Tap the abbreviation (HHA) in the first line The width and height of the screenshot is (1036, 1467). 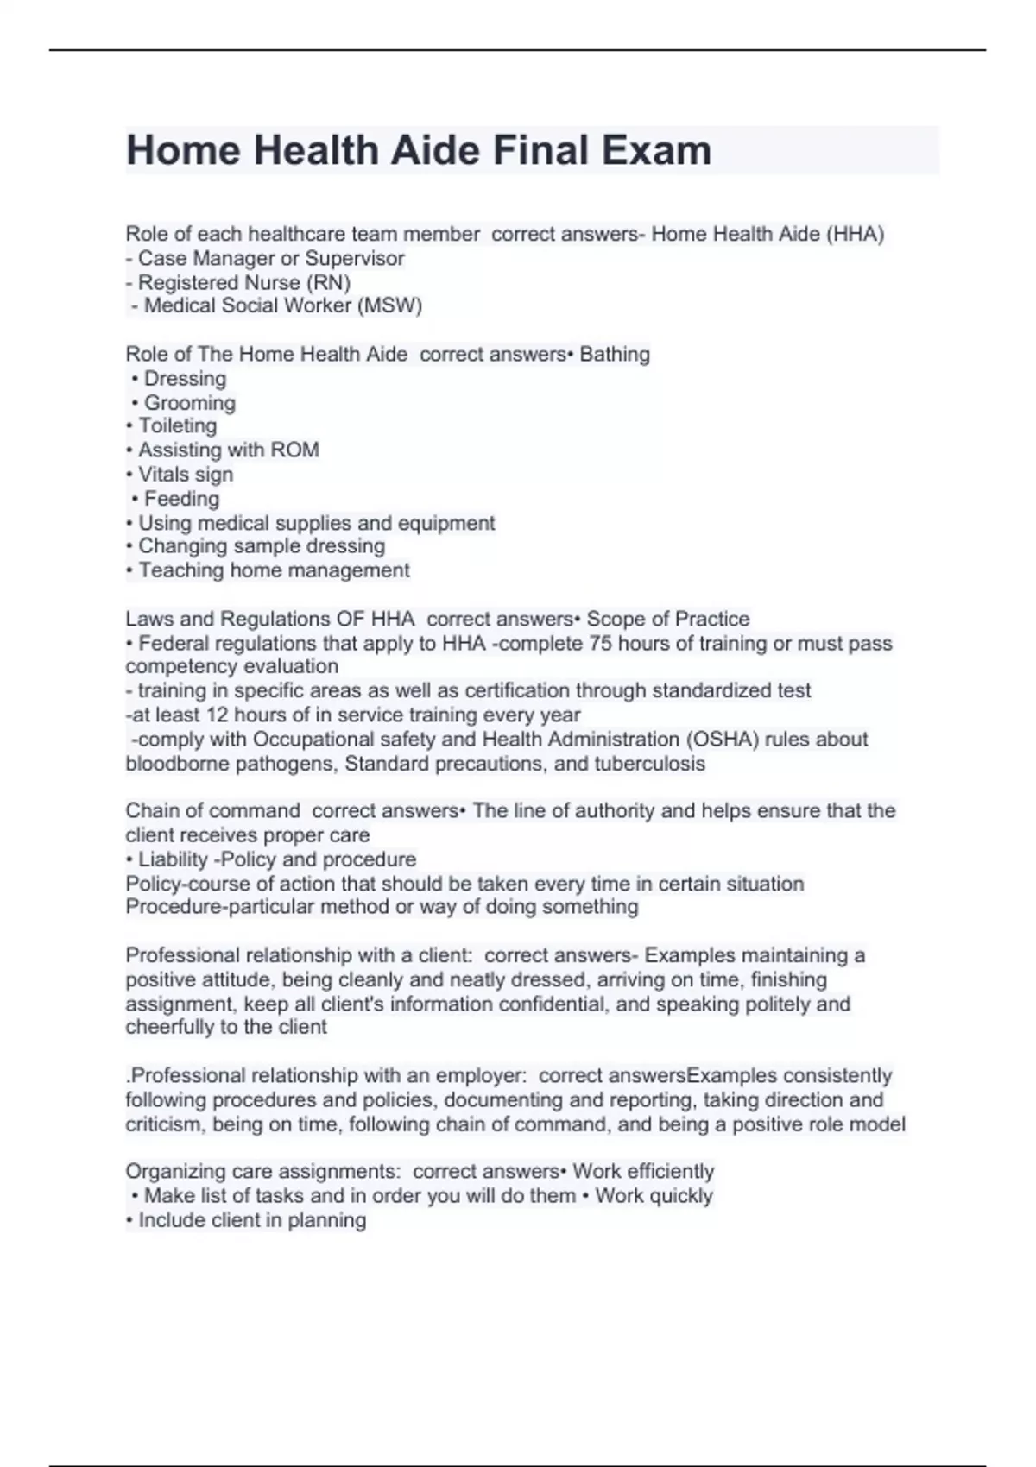[855, 234]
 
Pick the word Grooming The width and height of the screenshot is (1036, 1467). [189, 403]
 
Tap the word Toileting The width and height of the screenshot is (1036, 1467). [177, 425]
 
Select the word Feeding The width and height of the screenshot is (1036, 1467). [181, 499]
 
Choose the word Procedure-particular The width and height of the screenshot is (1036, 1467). [220, 907]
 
